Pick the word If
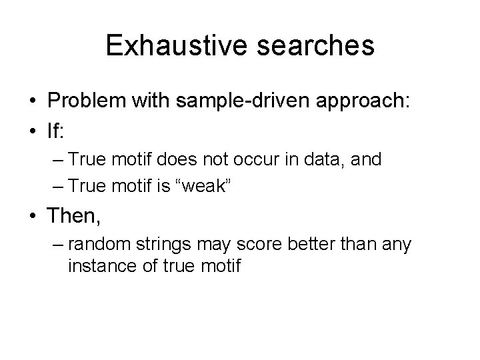click(55, 132)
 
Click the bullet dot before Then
click(33, 216)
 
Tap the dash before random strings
click(56, 245)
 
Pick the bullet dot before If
click(33, 133)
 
